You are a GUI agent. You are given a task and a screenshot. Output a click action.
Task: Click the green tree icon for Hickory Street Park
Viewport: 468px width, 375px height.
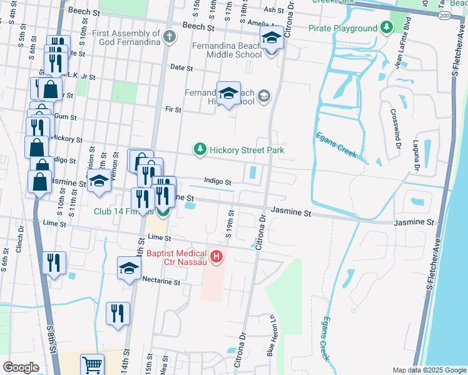pyautogui.click(x=200, y=149)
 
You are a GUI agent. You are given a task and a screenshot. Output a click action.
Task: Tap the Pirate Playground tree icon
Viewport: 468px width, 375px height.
pyautogui.click(x=387, y=28)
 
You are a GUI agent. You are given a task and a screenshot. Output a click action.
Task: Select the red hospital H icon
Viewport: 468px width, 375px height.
pyautogui.click(x=216, y=256)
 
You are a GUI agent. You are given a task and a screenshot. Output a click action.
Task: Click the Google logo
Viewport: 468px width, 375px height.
pyautogui.click(x=21, y=367)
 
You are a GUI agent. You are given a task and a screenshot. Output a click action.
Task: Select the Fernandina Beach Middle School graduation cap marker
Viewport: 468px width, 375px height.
pyautogui.click(x=271, y=39)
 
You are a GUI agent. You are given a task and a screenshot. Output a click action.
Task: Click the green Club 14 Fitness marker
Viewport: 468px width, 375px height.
pyautogui.click(x=163, y=212)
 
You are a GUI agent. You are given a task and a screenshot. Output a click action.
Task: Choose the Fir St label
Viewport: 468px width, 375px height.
pyautogui.click(x=173, y=110)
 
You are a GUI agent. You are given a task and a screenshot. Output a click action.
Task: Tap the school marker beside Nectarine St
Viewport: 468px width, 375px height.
pyautogui.click(x=129, y=269)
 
